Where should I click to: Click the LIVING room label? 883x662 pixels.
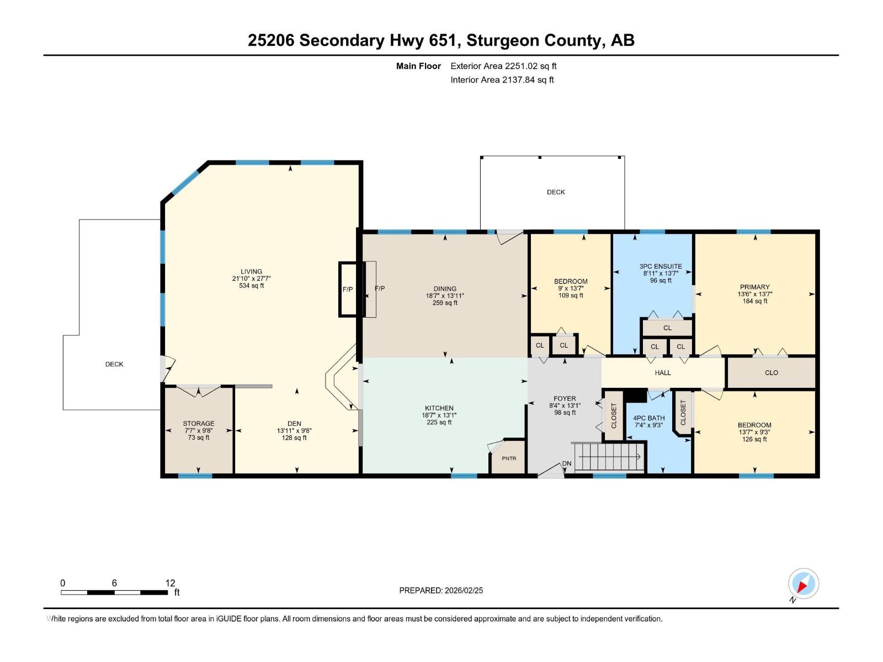pyautogui.click(x=251, y=271)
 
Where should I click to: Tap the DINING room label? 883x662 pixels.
pyautogui.click(x=445, y=289)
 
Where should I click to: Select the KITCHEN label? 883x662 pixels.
pyautogui.click(x=439, y=408)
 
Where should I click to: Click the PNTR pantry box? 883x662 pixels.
pyautogui.click(x=509, y=458)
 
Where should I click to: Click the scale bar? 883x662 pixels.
pyautogui.click(x=114, y=592)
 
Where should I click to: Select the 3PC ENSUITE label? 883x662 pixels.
pyautogui.click(x=661, y=266)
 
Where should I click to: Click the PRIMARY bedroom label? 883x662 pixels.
pyautogui.click(x=754, y=287)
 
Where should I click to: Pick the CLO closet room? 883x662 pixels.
pyautogui.click(x=771, y=373)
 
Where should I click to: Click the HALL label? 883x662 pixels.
pyautogui.click(x=663, y=373)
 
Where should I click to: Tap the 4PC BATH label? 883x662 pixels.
pyautogui.click(x=649, y=418)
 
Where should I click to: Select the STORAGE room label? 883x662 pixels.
pyautogui.click(x=199, y=424)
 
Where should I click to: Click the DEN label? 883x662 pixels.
pyautogui.click(x=294, y=424)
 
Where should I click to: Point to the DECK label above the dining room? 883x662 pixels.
pyautogui.click(x=556, y=192)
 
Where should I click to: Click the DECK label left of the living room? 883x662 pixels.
pyautogui.click(x=114, y=364)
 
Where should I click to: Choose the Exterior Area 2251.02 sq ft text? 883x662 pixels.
pyautogui.click(x=503, y=66)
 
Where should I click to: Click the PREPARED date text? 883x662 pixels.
pyautogui.click(x=441, y=590)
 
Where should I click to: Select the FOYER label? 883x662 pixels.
pyautogui.click(x=565, y=398)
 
